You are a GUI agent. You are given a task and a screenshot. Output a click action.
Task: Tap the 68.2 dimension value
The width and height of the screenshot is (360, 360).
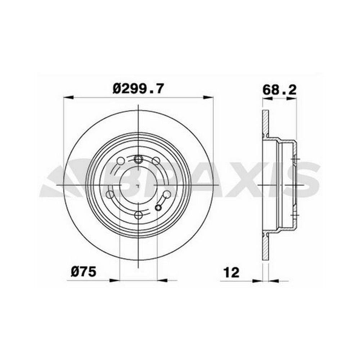279,90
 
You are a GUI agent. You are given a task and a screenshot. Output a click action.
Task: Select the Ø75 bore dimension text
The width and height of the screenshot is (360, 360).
84,272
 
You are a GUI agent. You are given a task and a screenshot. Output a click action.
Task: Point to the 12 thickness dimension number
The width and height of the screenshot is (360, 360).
231,273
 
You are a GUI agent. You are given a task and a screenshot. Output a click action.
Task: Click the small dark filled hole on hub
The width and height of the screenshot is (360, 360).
158,208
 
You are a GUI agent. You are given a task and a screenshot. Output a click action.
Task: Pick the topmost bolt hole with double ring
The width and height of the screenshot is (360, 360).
138,159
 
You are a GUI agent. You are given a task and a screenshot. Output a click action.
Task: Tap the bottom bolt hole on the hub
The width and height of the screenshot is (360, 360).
138,215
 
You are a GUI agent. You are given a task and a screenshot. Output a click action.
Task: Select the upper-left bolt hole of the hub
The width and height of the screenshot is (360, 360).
121,161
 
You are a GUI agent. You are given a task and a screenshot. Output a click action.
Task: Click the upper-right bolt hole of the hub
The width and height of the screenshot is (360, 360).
156,161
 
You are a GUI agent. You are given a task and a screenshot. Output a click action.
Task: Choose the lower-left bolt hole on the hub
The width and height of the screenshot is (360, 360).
110,195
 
